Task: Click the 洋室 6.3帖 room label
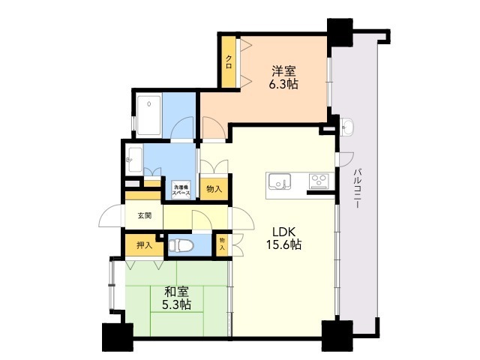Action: point(283,77)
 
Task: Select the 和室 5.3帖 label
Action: point(177,298)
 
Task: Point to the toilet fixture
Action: point(181,245)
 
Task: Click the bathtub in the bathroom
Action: point(149,115)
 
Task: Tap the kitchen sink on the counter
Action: point(280,181)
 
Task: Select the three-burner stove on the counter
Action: point(319,181)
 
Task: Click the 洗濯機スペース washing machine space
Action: point(181,190)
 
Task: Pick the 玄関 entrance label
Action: point(144,216)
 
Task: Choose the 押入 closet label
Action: point(144,245)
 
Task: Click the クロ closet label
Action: point(229,61)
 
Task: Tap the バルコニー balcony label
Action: point(357,188)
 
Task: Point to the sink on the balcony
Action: point(347,126)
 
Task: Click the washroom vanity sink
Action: point(133,159)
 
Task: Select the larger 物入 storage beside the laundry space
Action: point(214,189)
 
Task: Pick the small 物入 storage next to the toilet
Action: point(222,245)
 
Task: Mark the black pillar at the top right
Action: point(340,32)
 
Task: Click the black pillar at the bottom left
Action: point(118,337)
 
